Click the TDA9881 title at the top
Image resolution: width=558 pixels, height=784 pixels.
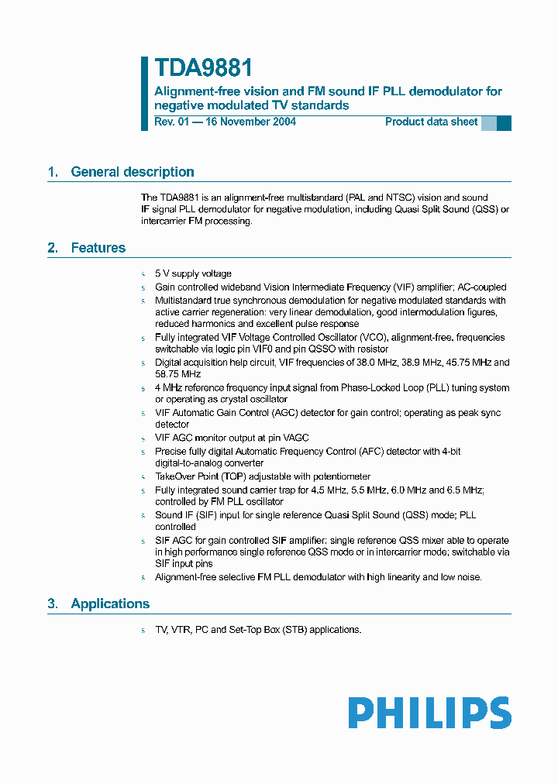203,68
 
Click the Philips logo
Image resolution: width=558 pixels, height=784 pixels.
429,713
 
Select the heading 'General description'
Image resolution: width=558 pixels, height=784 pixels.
133,172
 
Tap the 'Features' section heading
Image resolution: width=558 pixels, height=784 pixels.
98,248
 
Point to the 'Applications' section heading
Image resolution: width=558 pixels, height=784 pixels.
110,603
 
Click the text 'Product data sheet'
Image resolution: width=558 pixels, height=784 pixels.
431,122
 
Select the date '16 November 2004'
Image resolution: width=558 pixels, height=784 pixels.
251,122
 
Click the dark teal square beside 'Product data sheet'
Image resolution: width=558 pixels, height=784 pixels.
504,122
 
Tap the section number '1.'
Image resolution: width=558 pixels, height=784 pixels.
53,172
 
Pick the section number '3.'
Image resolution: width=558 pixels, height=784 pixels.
53,603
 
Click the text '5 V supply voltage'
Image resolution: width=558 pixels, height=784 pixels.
193,273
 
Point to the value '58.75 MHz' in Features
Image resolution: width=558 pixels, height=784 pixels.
177,373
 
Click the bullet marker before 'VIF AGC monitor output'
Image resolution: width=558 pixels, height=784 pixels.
143,438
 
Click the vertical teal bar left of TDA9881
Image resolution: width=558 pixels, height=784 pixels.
144,93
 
